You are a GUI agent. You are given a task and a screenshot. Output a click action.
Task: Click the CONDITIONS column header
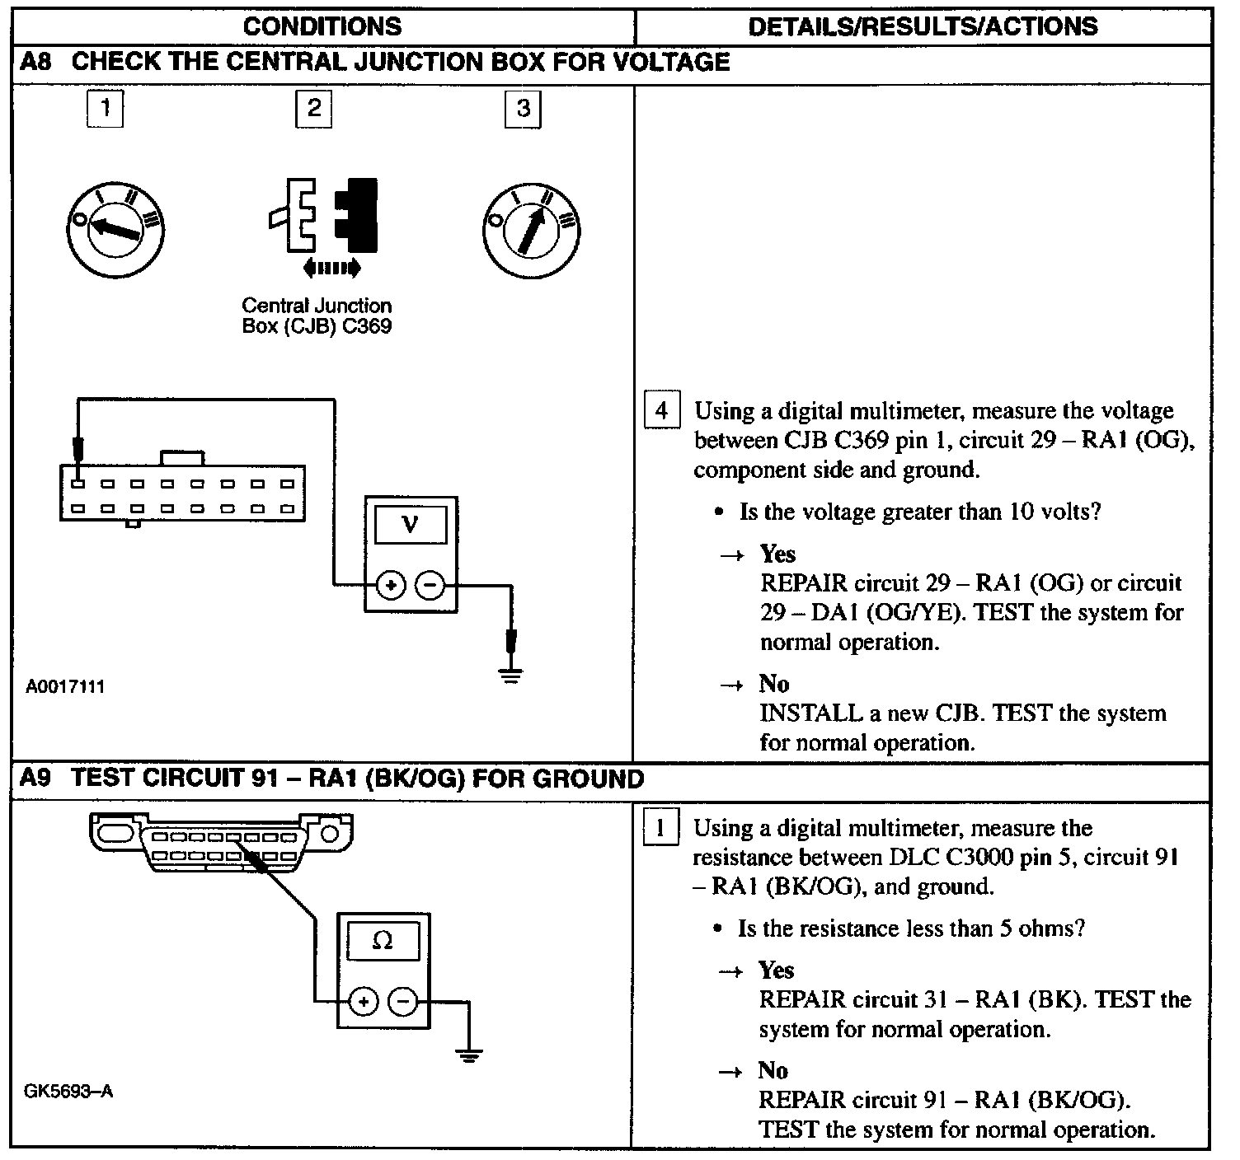click(322, 26)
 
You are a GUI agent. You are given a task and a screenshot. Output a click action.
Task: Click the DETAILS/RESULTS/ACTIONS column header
click(923, 26)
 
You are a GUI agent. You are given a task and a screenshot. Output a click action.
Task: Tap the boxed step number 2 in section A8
click(313, 109)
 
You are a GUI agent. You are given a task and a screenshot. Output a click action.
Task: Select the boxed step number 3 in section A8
click(523, 110)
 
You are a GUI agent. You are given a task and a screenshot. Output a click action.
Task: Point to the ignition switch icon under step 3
click(530, 231)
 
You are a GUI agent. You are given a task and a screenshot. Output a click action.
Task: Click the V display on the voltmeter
click(411, 525)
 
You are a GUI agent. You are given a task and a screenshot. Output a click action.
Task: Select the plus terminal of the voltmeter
click(390, 586)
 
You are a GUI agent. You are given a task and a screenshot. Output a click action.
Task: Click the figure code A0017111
click(65, 686)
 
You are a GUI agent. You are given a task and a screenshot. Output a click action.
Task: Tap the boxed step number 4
click(661, 410)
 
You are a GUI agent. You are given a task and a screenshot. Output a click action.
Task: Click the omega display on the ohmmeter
click(383, 941)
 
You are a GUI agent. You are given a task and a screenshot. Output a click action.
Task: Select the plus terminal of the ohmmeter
click(364, 1002)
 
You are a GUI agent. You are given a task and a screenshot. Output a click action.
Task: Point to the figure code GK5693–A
click(68, 1092)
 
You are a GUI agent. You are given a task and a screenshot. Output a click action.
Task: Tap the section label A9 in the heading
click(36, 779)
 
